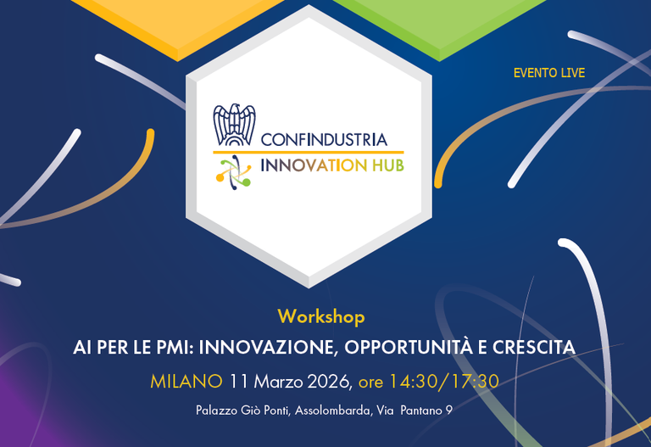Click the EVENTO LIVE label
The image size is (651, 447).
tap(548, 74)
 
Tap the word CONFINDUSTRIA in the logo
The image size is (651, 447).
tap(324, 139)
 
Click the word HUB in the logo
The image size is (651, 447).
tap(386, 165)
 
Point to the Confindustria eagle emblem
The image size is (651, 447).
tap(233, 125)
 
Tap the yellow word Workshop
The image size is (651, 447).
tap(320, 317)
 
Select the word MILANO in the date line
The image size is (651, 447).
tap(186, 381)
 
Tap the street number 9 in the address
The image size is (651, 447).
tap(448, 411)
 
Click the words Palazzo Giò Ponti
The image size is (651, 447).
tap(241, 411)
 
